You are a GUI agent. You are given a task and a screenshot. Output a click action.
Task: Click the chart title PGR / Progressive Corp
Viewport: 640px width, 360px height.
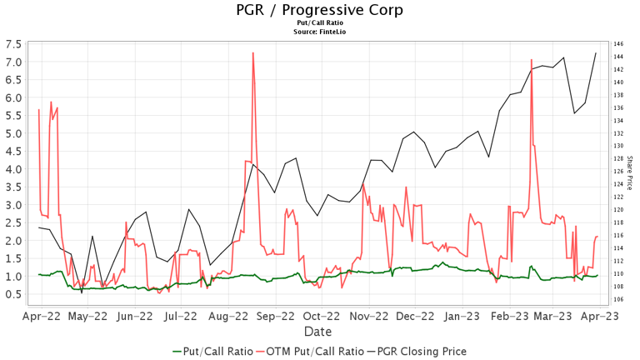click(x=320, y=10)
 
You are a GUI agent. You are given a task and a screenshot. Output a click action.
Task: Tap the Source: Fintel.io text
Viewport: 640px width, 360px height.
click(x=320, y=32)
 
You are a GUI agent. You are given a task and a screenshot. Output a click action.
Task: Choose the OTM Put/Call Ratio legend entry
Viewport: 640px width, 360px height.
click(x=310, y=352)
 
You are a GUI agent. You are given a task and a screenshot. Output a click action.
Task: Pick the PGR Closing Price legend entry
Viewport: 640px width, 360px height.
click(x=417, y=352)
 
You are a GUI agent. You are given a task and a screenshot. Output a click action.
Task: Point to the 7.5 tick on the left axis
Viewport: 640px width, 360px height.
click(x=13, y=44)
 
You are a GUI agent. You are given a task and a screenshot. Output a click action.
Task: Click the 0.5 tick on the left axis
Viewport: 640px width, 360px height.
click(x=13, y=294)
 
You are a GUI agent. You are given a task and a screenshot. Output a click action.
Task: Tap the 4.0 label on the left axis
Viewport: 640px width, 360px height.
click(x=13, y=169)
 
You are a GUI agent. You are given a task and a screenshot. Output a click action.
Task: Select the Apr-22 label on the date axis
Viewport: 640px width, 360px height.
click(x=42, y=317)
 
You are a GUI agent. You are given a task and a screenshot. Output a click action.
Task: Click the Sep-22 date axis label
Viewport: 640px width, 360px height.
click(x=276, y=317)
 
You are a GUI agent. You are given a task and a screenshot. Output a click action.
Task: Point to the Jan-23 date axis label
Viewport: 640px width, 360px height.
click(x=462, y=317)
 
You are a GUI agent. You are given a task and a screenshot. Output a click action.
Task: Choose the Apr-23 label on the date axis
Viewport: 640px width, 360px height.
click(x=600, y=317)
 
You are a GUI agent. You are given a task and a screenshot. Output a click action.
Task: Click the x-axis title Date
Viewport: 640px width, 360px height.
click(x=318, y=332)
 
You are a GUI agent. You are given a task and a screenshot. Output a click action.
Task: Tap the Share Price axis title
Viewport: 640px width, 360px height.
click(x=629, y=172)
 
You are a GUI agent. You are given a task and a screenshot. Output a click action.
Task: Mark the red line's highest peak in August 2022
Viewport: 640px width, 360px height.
click(x=253, y=52)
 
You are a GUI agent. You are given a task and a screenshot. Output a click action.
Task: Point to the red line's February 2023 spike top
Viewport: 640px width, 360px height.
click(x=532, y=60)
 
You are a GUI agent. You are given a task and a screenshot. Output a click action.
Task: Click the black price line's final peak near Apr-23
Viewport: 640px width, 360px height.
click(x=596, y=52)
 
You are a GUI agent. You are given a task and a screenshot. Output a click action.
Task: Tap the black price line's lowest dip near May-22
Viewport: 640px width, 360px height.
click(x=82, y=292)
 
